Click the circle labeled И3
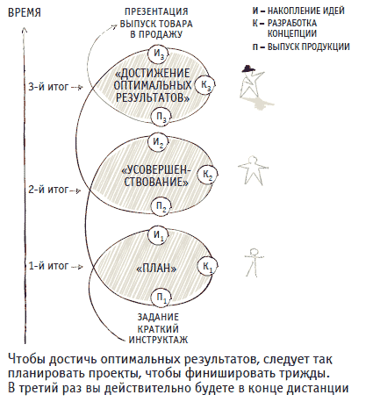point(158,54)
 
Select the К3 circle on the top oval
point(205,85)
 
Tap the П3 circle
point(161,117)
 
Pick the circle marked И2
point(158,142)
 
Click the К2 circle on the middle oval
point(208,174)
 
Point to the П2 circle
point(161,207)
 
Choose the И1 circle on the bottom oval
point(158,235)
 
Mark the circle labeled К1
point(208,266)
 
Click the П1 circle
point(161,298)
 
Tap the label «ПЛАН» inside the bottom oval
point(157,269)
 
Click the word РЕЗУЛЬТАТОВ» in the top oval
point(153,97)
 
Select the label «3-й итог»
point(48,87)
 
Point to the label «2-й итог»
point(48,190)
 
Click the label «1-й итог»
point(48,266)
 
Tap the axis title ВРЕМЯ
point(25,13)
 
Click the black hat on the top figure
point(248,68)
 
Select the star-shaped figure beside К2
point(253,170)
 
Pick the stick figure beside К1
point(254,262)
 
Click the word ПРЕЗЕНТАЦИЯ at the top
point(156,11)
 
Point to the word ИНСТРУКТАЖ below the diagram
point(158,340)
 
